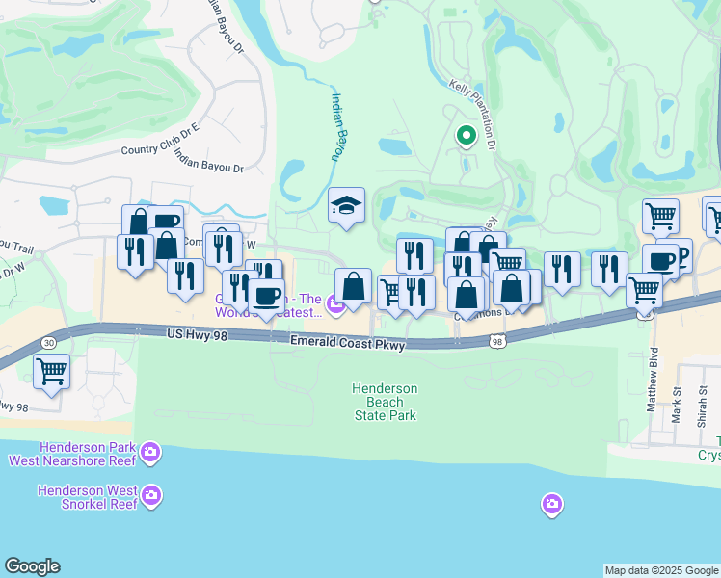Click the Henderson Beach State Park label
[x=385, y=402]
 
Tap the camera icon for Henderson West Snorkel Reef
[x=150, y=496]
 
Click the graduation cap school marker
[x=346, y=204]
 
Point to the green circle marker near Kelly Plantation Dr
[x=466, y=136]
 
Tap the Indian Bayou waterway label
[x=339, y=125]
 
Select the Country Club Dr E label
[x=160, y=149]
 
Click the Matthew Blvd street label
[x=653, y=380]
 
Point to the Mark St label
[x=677, y=395]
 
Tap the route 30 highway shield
[x=48, y=342]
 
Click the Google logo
[x=32, y=566]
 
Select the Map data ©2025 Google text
[x=661, y=570]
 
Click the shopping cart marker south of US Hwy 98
[x=51, y=370]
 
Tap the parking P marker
[x=681, y=254]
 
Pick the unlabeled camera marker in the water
[x=551, y=504]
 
